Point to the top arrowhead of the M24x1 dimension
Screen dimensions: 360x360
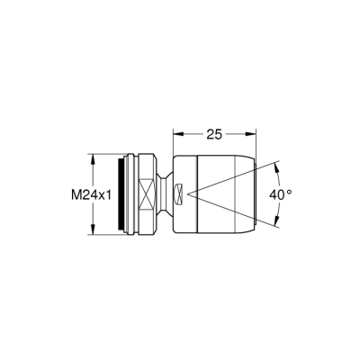pyautogui.click(x=94, y=156)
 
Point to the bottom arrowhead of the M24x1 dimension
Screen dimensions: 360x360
pyautogui.click(x=94, y=233)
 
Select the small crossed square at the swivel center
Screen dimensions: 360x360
pyautogui.click(x=180, y=194)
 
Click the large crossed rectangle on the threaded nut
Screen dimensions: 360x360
pyautogui.click(x=145, y=194)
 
